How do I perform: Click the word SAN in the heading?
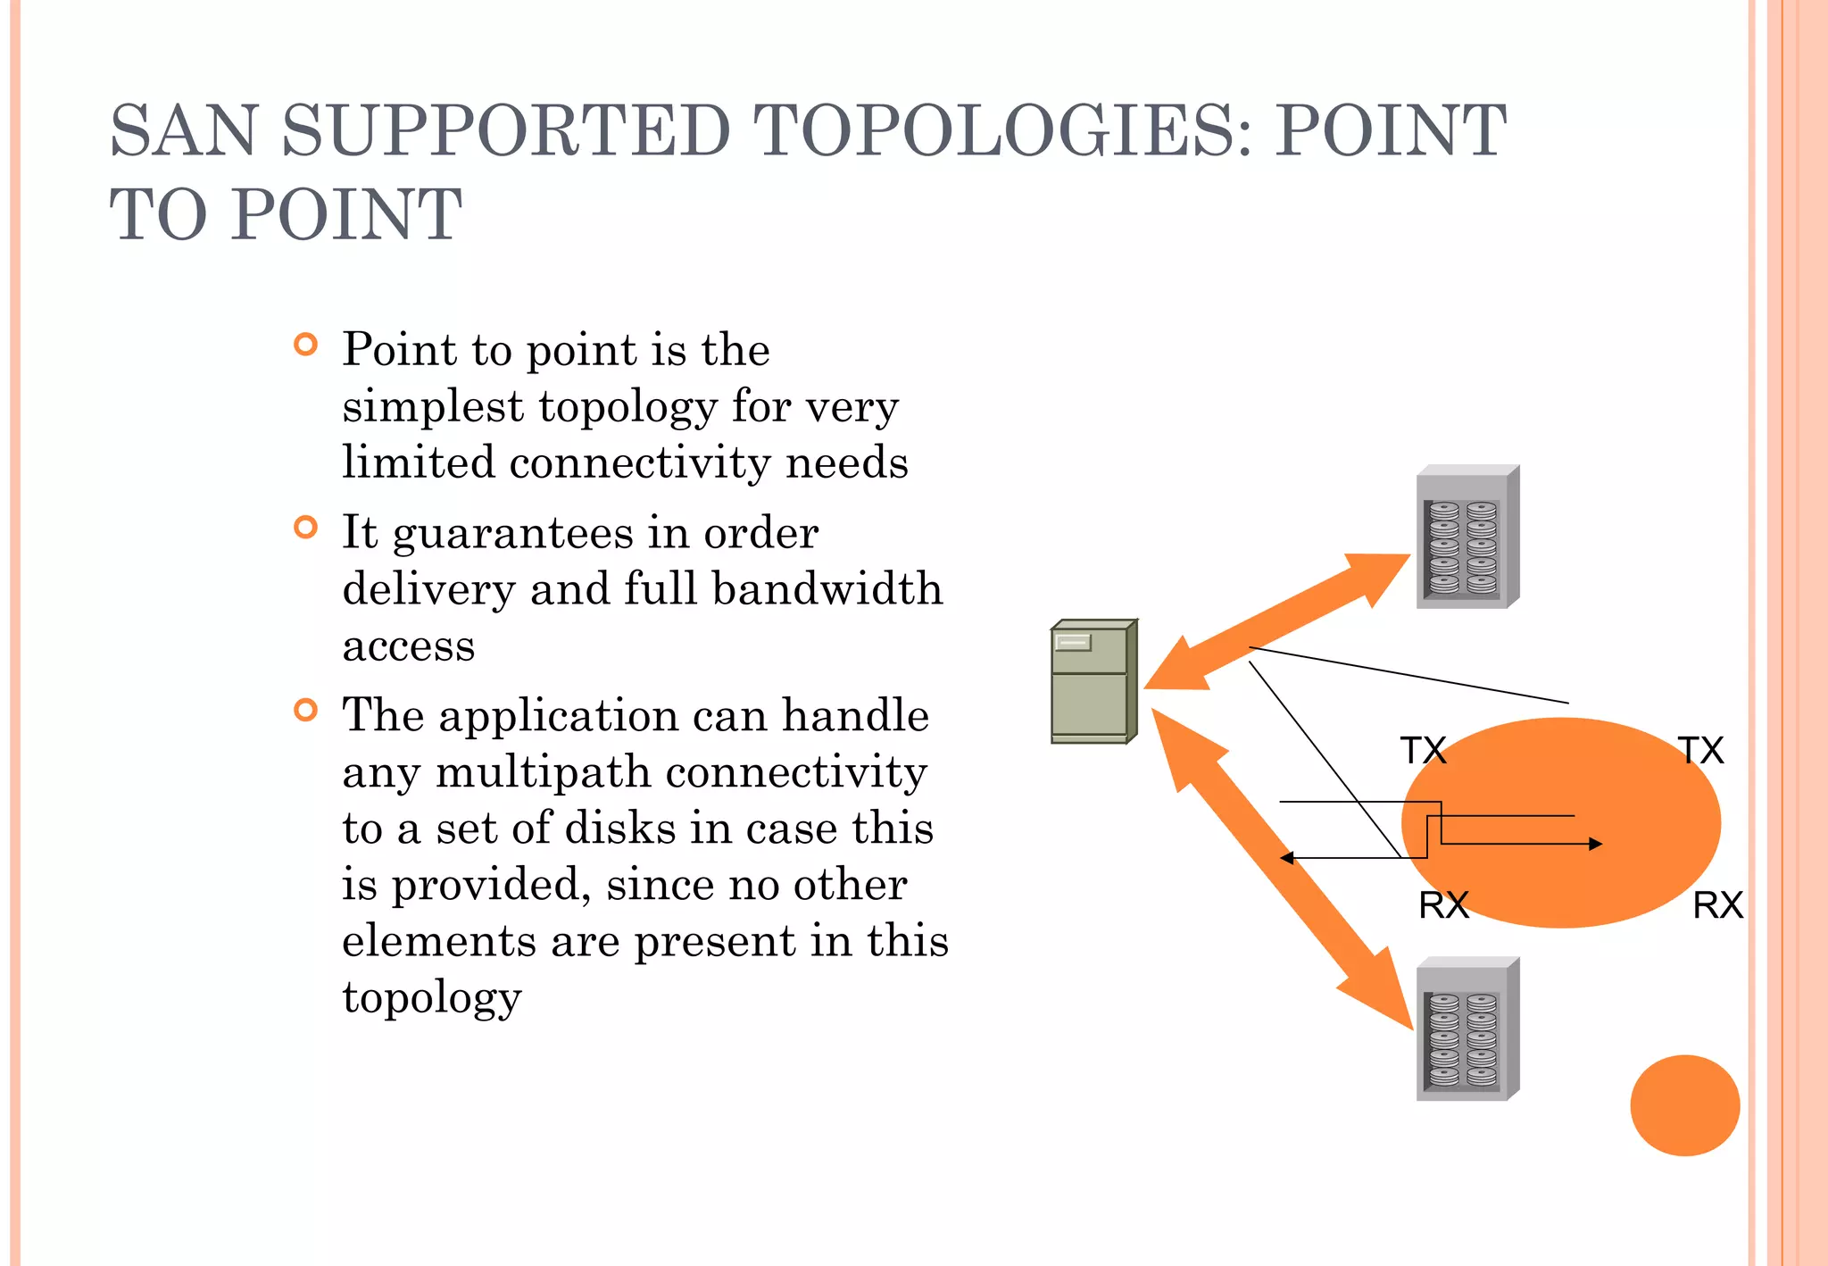183,131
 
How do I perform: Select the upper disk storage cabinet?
1467,537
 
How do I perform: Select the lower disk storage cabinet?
1467,1029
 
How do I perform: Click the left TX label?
1423,751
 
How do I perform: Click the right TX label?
1700,751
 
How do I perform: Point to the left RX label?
1443,905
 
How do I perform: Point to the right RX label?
1717,905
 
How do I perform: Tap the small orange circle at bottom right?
1684,1105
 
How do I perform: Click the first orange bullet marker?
305,345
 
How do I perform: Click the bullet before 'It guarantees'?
305,528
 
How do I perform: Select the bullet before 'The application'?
305,711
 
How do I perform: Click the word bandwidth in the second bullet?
827,589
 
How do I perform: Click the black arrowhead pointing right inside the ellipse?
1595,844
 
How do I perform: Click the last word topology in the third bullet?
432,997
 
